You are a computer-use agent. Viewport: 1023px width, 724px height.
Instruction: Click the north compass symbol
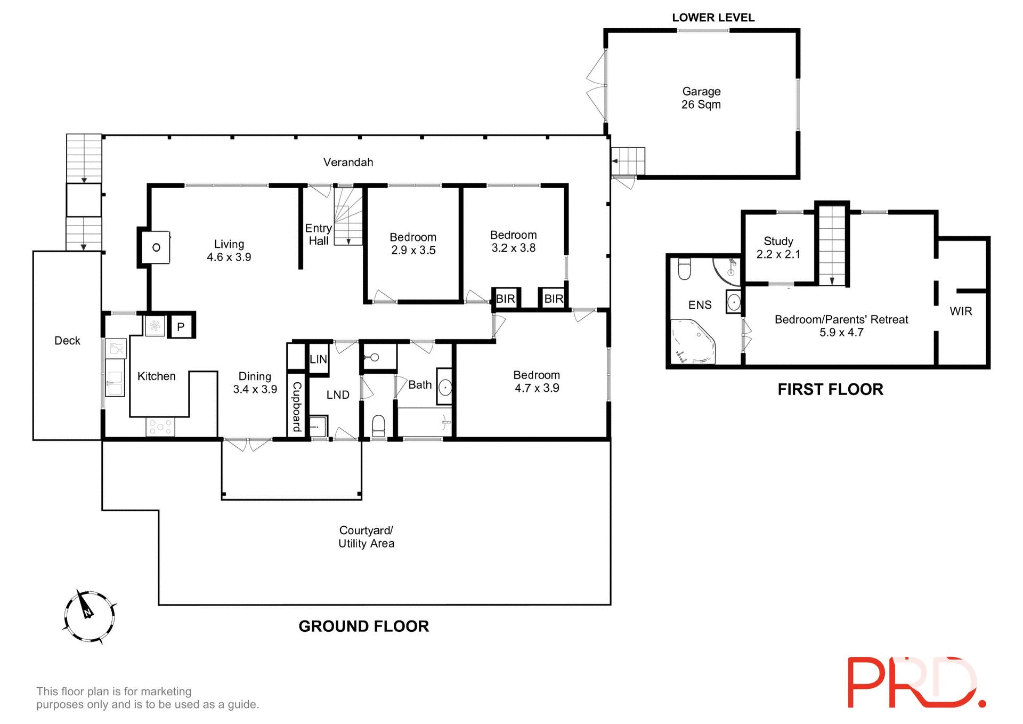(x=89, y=616)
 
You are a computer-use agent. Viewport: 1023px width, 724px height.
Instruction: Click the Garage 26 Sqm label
(x=701, y=98)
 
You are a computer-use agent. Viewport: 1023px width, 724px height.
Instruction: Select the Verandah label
(x=348, y=162)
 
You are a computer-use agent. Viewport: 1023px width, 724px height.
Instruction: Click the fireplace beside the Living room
(x=156, y=247)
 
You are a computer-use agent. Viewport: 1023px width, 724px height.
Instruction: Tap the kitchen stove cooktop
(x=160, y=427)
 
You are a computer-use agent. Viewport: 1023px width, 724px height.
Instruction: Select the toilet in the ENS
(x=684, y=269)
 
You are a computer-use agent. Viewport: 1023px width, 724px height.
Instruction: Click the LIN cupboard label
(x=318, y=359)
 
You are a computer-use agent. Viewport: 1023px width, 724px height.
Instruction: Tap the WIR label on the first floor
(x=961, y=311)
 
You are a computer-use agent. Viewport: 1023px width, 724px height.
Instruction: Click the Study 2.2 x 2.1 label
(x=778, y=248)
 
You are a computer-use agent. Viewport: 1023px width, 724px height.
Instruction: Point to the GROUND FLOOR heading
(x=363, y=626)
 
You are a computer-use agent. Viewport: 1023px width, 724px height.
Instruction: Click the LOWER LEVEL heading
(x=713, y=18)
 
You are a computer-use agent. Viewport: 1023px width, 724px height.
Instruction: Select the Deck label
(x=67, y=341)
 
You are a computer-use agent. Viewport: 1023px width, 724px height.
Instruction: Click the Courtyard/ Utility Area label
(x=367, y=537)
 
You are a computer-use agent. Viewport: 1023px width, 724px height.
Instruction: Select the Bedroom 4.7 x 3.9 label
(x=536, y=382)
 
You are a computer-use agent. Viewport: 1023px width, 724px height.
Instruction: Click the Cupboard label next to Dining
(x=297, y=407)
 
